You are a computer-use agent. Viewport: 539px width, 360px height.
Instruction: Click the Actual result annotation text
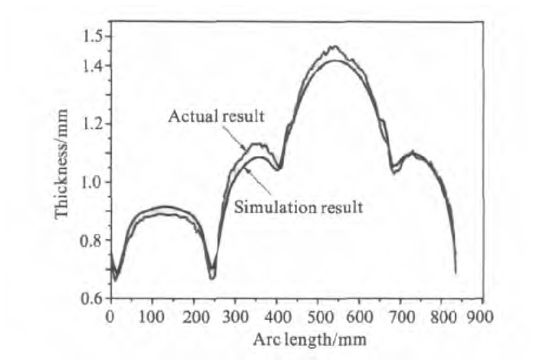[x=217, y=117]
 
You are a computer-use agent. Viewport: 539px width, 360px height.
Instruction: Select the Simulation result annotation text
[x=298, y=207]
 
